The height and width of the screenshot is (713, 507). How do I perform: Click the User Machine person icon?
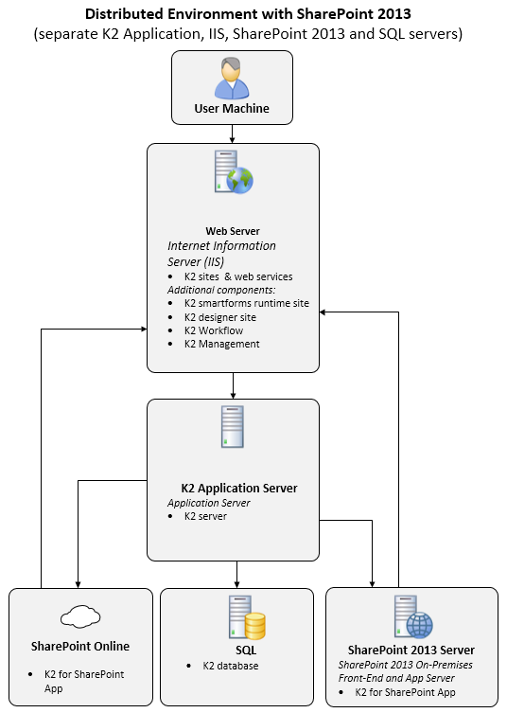tap(232, 78)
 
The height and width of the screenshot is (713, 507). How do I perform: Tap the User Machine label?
tap(232, 108)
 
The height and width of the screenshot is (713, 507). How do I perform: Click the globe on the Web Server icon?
tap(240, 181)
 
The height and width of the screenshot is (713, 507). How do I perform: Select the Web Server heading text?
tap(233, 231)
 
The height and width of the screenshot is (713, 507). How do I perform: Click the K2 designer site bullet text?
tap(220, 317)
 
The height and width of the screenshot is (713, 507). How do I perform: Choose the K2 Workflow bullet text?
tap(214, 330)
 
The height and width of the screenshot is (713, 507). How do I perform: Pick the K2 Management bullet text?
tap(221, 344)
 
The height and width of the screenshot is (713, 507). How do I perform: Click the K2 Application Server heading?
tap(239, 488)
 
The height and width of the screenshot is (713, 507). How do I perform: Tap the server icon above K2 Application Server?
tap(233, 426)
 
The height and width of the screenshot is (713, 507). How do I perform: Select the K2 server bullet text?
tap(205, 516)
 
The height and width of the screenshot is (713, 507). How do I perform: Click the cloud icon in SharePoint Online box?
tap(80, 616)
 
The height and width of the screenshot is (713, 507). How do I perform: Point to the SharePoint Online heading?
tap(80, 646)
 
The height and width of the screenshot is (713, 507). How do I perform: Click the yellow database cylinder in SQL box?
tap(255, 626)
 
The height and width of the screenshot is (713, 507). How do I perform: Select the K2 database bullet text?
tap(231, 666)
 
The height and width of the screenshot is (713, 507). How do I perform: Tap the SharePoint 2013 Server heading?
tap(411, 650)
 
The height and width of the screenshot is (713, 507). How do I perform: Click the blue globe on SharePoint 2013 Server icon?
tap(420, 625)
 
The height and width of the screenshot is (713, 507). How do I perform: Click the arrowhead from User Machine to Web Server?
tap(232, 140)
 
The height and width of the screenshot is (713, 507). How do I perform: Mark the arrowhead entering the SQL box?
tap(236, 584)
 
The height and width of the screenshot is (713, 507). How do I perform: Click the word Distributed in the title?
tap(124, 13)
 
